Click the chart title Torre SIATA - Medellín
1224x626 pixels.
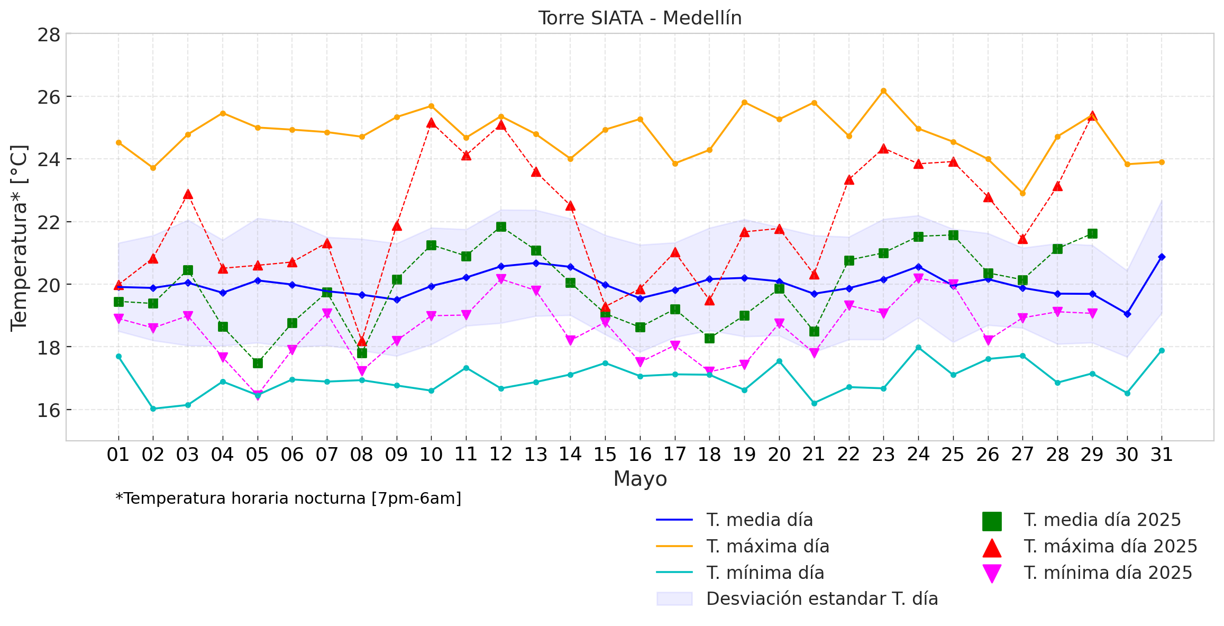pos(640,18)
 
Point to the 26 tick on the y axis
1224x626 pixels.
pos(48,97)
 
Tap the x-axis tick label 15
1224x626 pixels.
pos(605,455)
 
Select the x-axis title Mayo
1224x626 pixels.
pos(640,479)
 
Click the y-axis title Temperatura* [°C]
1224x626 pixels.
pos(19,238)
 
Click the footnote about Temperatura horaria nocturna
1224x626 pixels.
pos(288,498)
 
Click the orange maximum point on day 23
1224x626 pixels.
pos(883,91)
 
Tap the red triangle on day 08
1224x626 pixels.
pos(362,341)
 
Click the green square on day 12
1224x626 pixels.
pos(501,227)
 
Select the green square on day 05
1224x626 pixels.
pos(258,363)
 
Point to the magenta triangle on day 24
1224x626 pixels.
pos(918,278)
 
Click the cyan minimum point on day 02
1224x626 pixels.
pos(153,409)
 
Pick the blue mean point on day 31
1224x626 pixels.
pos(1162,257)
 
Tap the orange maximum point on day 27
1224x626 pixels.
pos(1022,193)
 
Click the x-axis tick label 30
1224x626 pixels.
pos(1127,455)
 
